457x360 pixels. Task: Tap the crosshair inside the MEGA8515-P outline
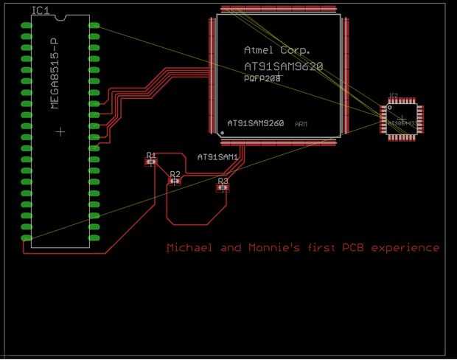(x=60, y=131)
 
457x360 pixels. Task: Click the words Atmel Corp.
(x=276, y=50)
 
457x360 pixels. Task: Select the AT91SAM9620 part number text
(x=283, y=66)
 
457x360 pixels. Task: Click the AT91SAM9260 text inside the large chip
(x=255, y=123)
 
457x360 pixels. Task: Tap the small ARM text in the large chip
(x=301, y=124)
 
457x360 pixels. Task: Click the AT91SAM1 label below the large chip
(x=217, y=157)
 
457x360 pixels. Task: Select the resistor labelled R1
(x=151, y=159)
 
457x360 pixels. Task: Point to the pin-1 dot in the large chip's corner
(x=222, y=133)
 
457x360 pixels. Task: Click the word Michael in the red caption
(x=189, y=248)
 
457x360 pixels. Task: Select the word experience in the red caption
(x=405, y=248)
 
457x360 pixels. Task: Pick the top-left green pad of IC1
(x=27, y=25)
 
